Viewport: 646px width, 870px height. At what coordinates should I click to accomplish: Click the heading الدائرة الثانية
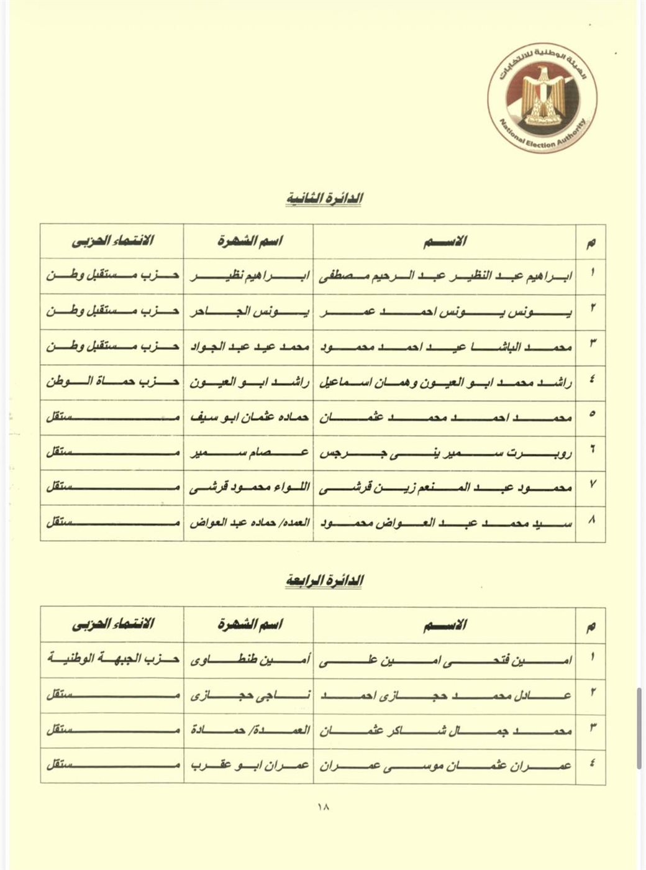(x=324, y=198)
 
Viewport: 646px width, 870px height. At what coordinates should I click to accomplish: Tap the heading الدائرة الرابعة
(x=324, y=582)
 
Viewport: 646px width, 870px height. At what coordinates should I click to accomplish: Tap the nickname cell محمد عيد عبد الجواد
(x=248, y=346)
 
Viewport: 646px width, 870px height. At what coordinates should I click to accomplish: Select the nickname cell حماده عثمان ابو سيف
(x=248, y=417)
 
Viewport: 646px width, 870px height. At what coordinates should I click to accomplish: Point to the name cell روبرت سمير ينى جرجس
(x=445, y=452)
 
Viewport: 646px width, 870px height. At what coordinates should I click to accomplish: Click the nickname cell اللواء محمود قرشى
(x=248, y=488)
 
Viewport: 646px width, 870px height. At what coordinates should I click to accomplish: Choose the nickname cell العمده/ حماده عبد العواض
(x=248, y=523)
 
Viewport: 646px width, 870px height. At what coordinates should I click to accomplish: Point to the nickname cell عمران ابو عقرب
(x=248, y=766)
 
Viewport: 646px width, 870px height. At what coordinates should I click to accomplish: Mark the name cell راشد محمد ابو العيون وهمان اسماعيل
(x=445, y=381)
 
